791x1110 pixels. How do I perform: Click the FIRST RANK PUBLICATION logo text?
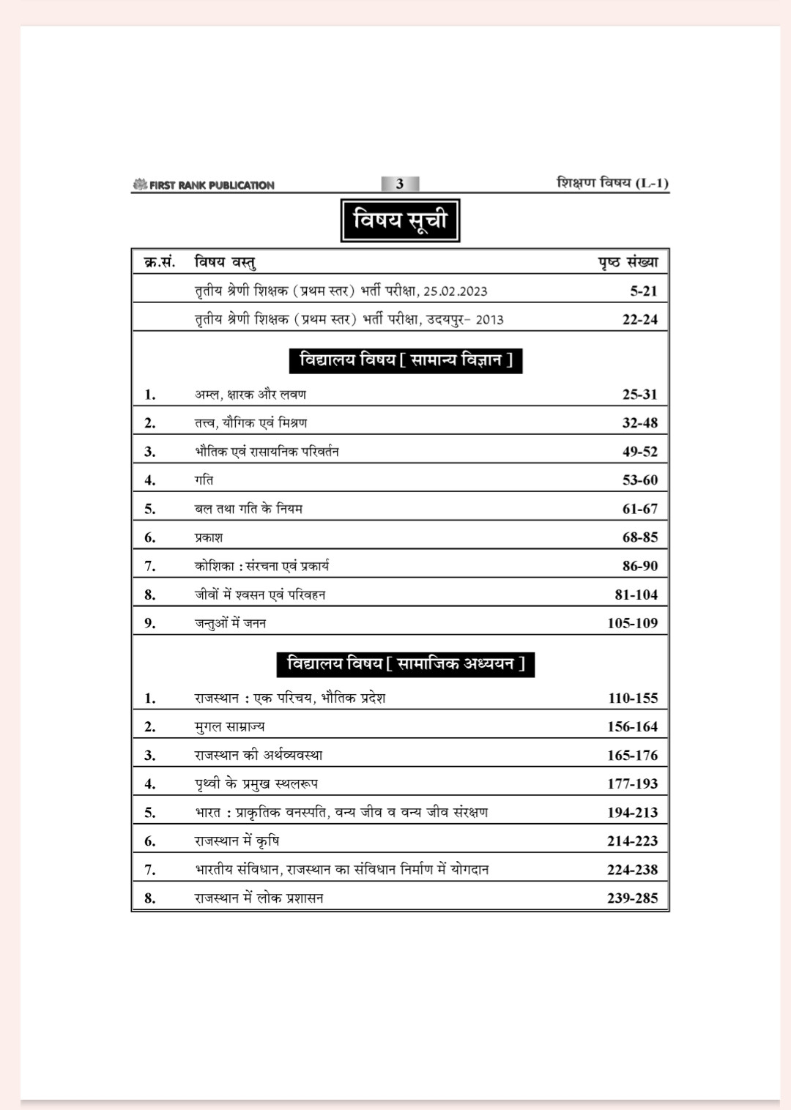tap(204, 185)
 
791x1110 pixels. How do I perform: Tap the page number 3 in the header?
tap(400, 184)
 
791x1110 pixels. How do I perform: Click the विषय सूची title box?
tap(400, 220)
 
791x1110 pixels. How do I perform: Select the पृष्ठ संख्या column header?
tap(628, 262)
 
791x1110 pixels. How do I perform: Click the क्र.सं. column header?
tap(158, 262)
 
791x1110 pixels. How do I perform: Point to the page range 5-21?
tap(643, 291)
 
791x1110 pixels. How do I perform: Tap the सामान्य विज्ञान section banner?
tap(406, 360)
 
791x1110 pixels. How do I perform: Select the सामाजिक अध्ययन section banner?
tap(406, 664)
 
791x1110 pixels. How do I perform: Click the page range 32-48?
tap(639, 422)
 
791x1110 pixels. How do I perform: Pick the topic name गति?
tap(204, 480)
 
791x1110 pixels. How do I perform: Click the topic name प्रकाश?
tap(209, 537)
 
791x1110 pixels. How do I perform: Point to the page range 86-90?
tap(639, 565)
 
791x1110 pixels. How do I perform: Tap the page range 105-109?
tap(632, 623)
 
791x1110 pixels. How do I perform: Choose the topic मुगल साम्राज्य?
tap(229, 726)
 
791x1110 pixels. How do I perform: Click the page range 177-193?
tap(632, 783)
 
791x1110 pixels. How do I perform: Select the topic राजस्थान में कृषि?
tap(237, 841)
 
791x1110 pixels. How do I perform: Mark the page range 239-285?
tap(632, 898)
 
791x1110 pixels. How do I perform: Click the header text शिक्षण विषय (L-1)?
tap(612, 183)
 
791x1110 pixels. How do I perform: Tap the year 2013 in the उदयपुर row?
tap(489, 319)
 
